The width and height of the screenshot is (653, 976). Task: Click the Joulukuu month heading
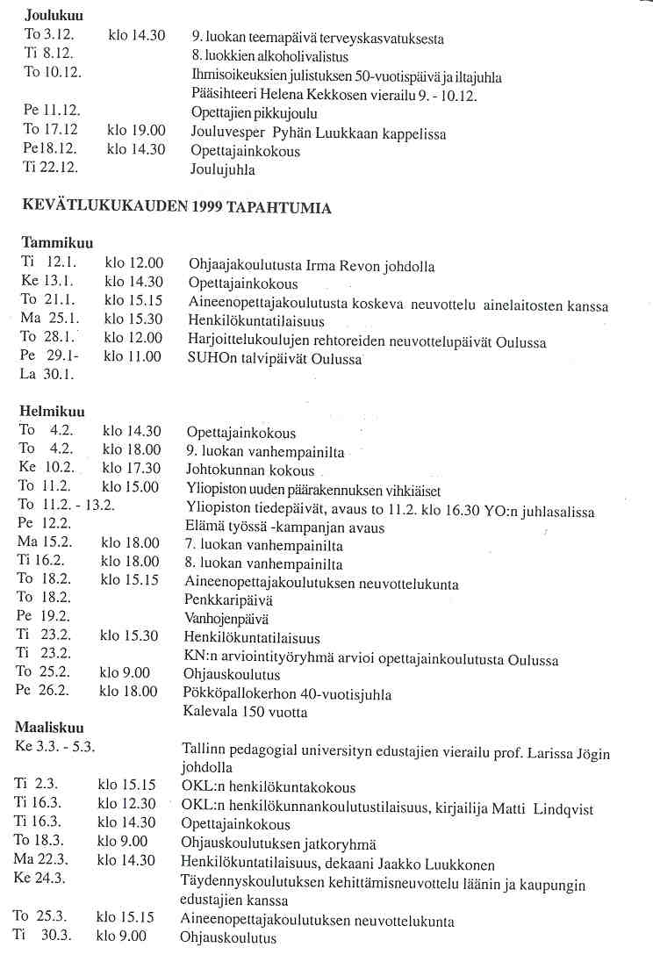[51, 16]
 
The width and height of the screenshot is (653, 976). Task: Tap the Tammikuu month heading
[57, 243]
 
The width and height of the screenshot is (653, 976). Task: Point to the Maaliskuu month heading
[55, 728]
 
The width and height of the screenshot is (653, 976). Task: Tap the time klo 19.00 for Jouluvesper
[136, 132]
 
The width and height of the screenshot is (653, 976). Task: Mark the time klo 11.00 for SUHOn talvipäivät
[133, 356]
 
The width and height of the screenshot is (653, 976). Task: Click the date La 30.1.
[41, 375]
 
